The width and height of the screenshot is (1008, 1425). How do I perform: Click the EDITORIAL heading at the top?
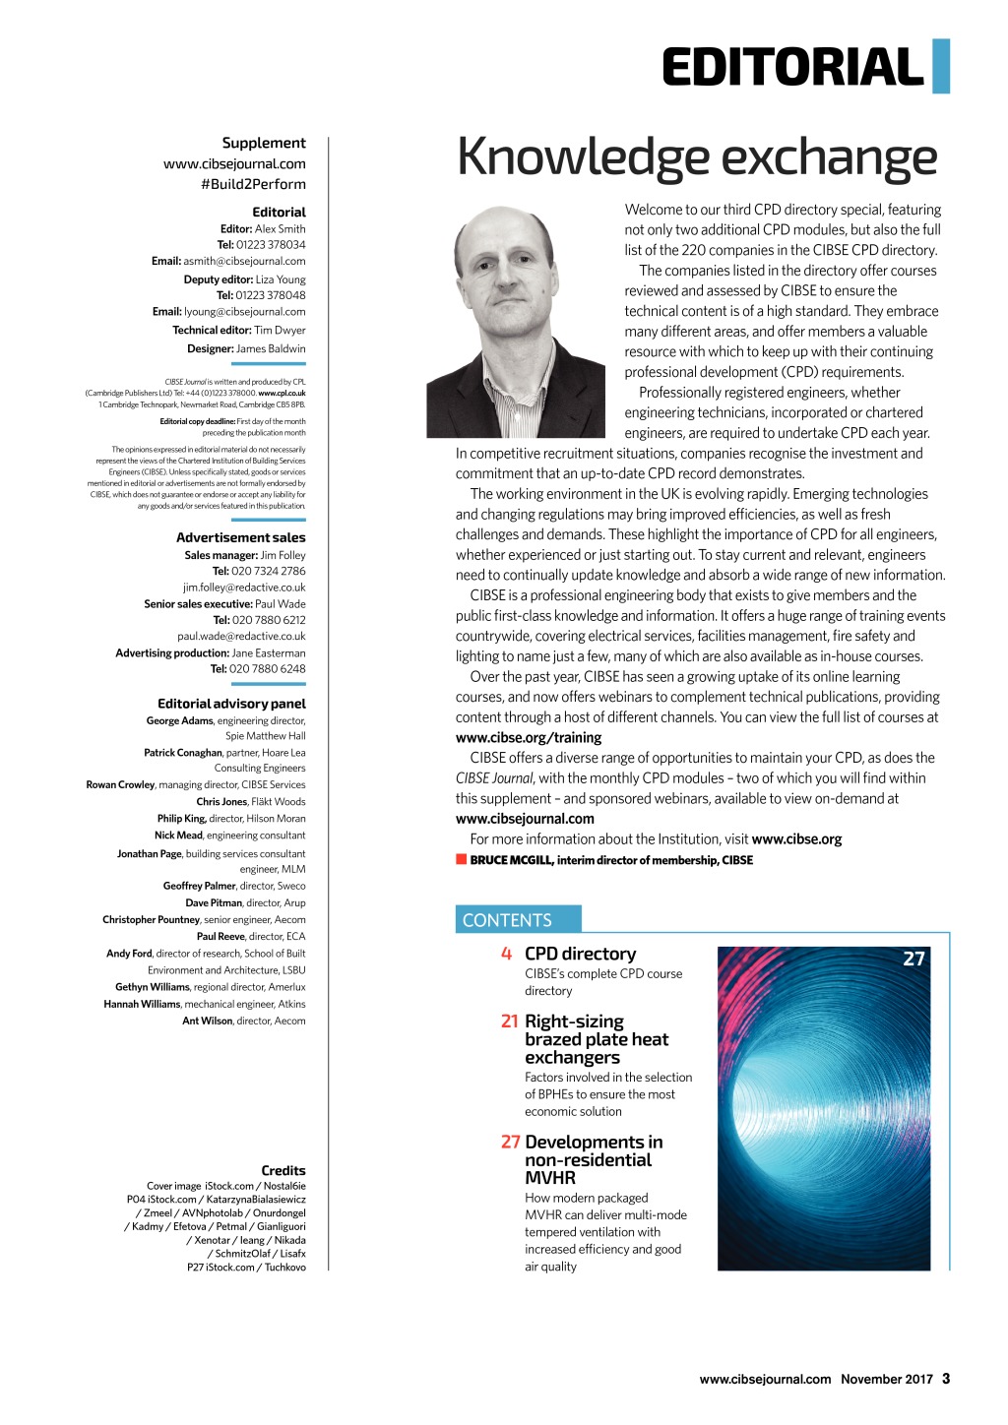(x=792, y=68)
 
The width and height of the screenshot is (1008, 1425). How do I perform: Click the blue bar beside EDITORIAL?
(x=941, y=66)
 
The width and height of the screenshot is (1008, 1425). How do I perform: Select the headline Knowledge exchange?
(x=697, y=157)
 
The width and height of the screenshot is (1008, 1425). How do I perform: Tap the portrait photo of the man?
(x=515, y=322)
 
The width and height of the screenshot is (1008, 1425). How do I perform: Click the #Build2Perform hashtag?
(x=253, y=184)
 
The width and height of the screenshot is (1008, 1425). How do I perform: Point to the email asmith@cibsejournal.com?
(x=244, y=261)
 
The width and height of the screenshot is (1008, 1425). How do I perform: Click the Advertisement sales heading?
(x=240, y=537)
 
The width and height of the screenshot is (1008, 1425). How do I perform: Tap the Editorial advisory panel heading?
(x=231, y=704)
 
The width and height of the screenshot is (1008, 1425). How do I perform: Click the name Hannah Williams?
(x=142, y=1004)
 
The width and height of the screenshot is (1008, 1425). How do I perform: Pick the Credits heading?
(x=283, y=1170)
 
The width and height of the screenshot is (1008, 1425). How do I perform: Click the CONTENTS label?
(x=507, y=920)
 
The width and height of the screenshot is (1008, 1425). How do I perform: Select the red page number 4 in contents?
(x=506, y=954)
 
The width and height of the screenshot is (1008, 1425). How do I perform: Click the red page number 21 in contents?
(x=510, y=1022)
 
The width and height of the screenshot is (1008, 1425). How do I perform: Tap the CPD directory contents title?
(x=580, y=954)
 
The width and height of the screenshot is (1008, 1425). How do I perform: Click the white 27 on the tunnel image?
(x=913, y=959)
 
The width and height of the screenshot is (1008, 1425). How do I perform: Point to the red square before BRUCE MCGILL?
(x=461, y=859)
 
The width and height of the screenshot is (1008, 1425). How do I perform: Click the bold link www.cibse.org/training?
(x=529, y=737)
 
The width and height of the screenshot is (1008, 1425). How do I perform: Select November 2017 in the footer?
(x=886, y=1379)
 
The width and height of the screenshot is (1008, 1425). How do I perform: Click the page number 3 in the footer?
(x=946, y=1379)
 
